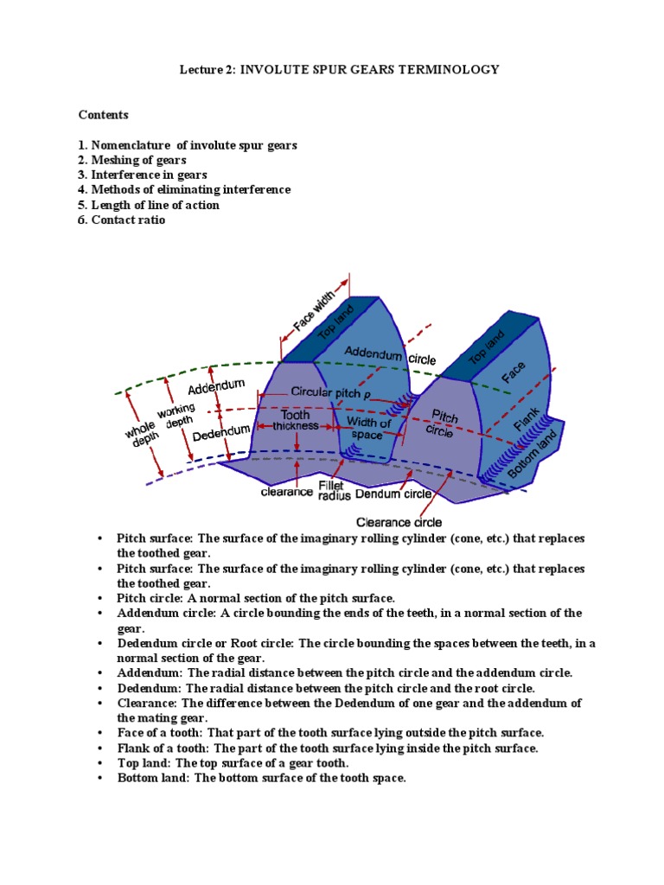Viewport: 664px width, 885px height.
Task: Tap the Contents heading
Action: click(x=103, y=114)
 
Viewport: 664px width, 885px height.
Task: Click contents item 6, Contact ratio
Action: click(x=122, y=220)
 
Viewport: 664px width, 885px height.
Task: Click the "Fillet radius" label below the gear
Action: click(x=334, y=491)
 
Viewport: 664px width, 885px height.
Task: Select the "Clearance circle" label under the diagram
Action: click(x=399, y=522)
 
